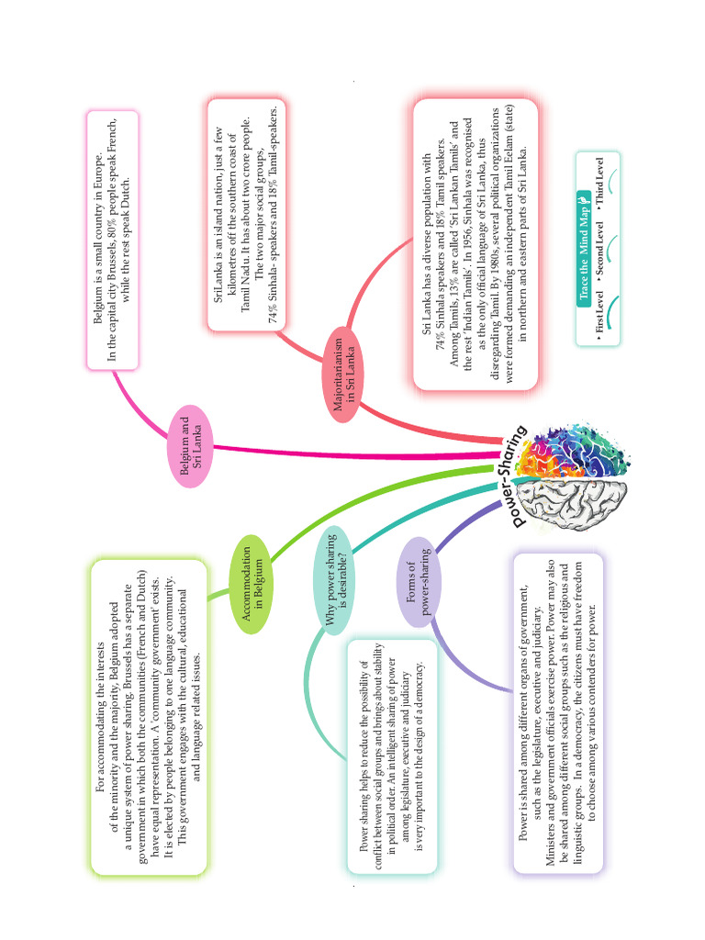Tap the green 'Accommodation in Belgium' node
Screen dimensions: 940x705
pyautogui.click(x=253, y=588)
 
